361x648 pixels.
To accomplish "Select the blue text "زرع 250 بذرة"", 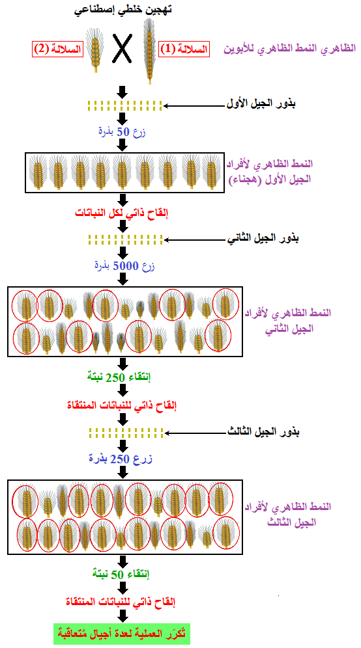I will pos(121,459).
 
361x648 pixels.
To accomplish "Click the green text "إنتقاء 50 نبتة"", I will pos(121,574).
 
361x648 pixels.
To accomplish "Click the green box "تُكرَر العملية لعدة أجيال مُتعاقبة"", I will pos(122,632).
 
